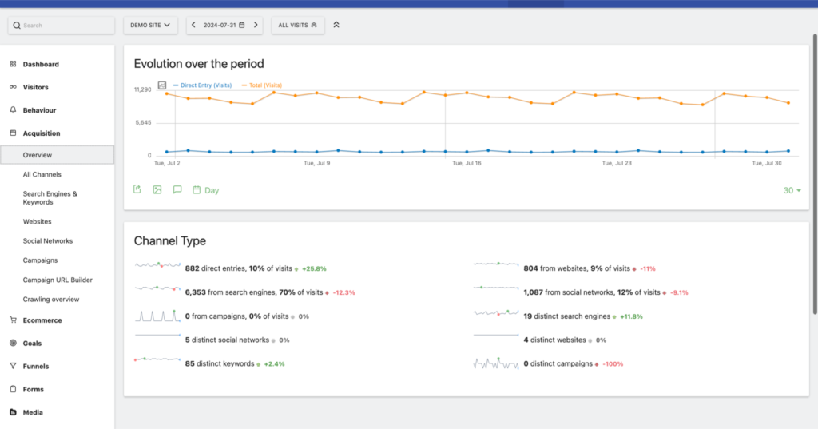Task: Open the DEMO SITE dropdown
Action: [x=150, y=26]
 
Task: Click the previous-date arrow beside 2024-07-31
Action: [x=194, y=26]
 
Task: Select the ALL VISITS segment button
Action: [x=297, y=26]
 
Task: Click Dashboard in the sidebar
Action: [x=40, y=64]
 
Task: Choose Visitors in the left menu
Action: [x=35, y=87]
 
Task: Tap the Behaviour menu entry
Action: [x=39, y=110]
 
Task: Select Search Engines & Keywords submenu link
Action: [x=50, y=197]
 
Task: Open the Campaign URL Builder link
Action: [x=58, y=280]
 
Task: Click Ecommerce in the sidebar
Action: [x=42, y=320]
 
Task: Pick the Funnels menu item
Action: [x=36, y=367]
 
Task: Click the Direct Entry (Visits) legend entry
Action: [x=204, y=85]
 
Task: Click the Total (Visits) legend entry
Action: [x=264, y=85]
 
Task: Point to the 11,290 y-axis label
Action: [x=142, y=89]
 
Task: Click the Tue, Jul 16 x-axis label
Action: [x=467, y=163]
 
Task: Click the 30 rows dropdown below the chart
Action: [x=792, y=190]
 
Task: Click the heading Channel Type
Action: [x=169, y=240]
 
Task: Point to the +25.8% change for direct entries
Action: [x=314, y=268]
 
